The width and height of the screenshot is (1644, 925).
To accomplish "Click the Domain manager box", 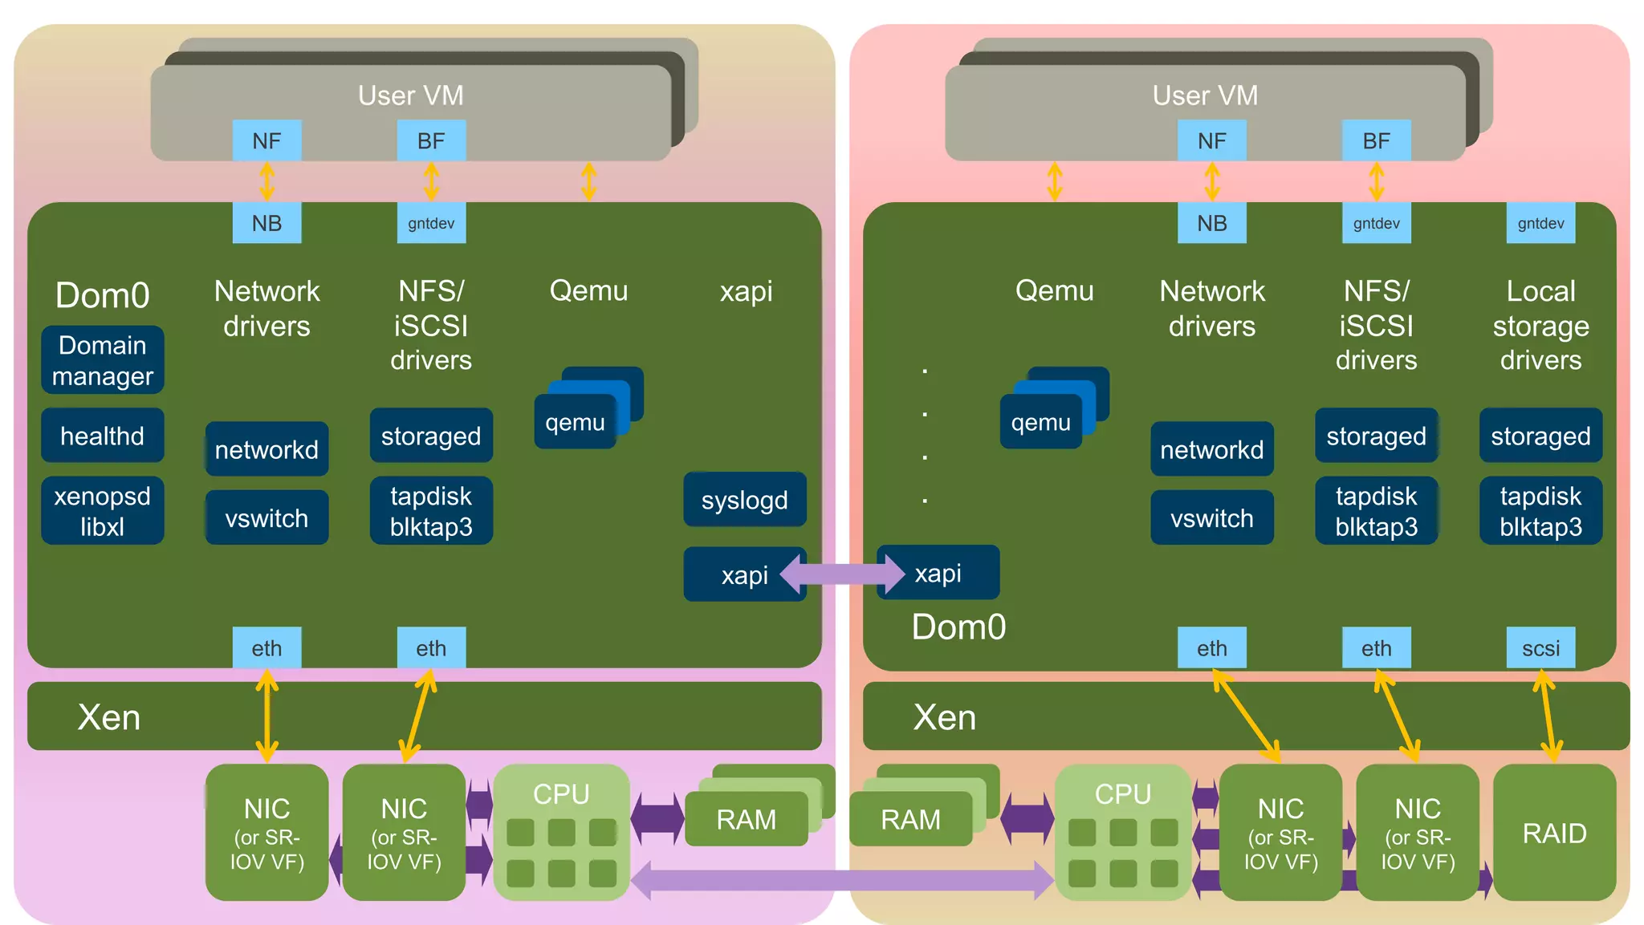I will pyautogui.click(x=103, y=360).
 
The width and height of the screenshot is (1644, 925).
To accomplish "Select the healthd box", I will pyautogui.click(x=103, y=436).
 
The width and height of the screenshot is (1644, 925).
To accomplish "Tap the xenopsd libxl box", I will pyautogui.click(x=103, y=511).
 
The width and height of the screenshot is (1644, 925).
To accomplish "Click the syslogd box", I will pyautogui.click(x=745, y=500).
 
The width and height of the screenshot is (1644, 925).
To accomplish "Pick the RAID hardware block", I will pyautogui.click(x=1554, y=833).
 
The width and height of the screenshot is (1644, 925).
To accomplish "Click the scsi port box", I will pyautogui.click(x=1540, y=647).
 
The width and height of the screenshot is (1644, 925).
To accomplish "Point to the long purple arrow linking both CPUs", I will pyautogui.click(x=842, y=880).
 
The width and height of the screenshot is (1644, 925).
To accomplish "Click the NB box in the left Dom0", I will pyautogui.click(x=267, y=223).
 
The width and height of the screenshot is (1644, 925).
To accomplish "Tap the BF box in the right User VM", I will pyautogui.click(x=1376, y=140).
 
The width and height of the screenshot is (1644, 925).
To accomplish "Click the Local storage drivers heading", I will pyautogui.click(x=1540, y=325).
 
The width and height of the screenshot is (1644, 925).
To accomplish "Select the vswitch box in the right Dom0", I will pyautogui.click(x=1211, y=518).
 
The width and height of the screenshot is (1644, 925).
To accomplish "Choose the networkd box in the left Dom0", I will pyautogui.click(x=267, y=449).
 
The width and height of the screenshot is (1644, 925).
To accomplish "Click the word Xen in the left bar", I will pyautogui.click(x=109, y=716).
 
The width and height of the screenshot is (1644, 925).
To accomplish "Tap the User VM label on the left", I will pyautogui.click(x=410, y=95).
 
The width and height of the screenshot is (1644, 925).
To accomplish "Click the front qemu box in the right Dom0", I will pyautogui.click(x=1041, y=423).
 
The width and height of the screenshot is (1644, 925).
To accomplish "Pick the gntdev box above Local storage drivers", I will pyautogui.click(x=1540, y=223).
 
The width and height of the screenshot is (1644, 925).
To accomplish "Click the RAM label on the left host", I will pyautogui.click(x=746, y=819).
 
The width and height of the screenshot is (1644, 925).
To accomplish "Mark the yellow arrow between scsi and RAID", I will pyautogui.click(x=1548, y=716).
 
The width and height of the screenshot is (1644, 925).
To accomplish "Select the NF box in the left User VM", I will pyautogui.click(x=267, y=140).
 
